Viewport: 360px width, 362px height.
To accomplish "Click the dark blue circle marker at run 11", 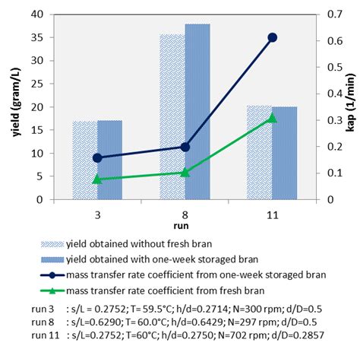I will click(x=273, y=37).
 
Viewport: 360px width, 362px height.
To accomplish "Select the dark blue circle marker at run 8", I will click(x=185, y=147).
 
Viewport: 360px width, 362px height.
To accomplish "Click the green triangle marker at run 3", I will click(x=97, y=179).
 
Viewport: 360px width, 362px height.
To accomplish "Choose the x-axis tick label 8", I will click(x=185, y=214).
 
